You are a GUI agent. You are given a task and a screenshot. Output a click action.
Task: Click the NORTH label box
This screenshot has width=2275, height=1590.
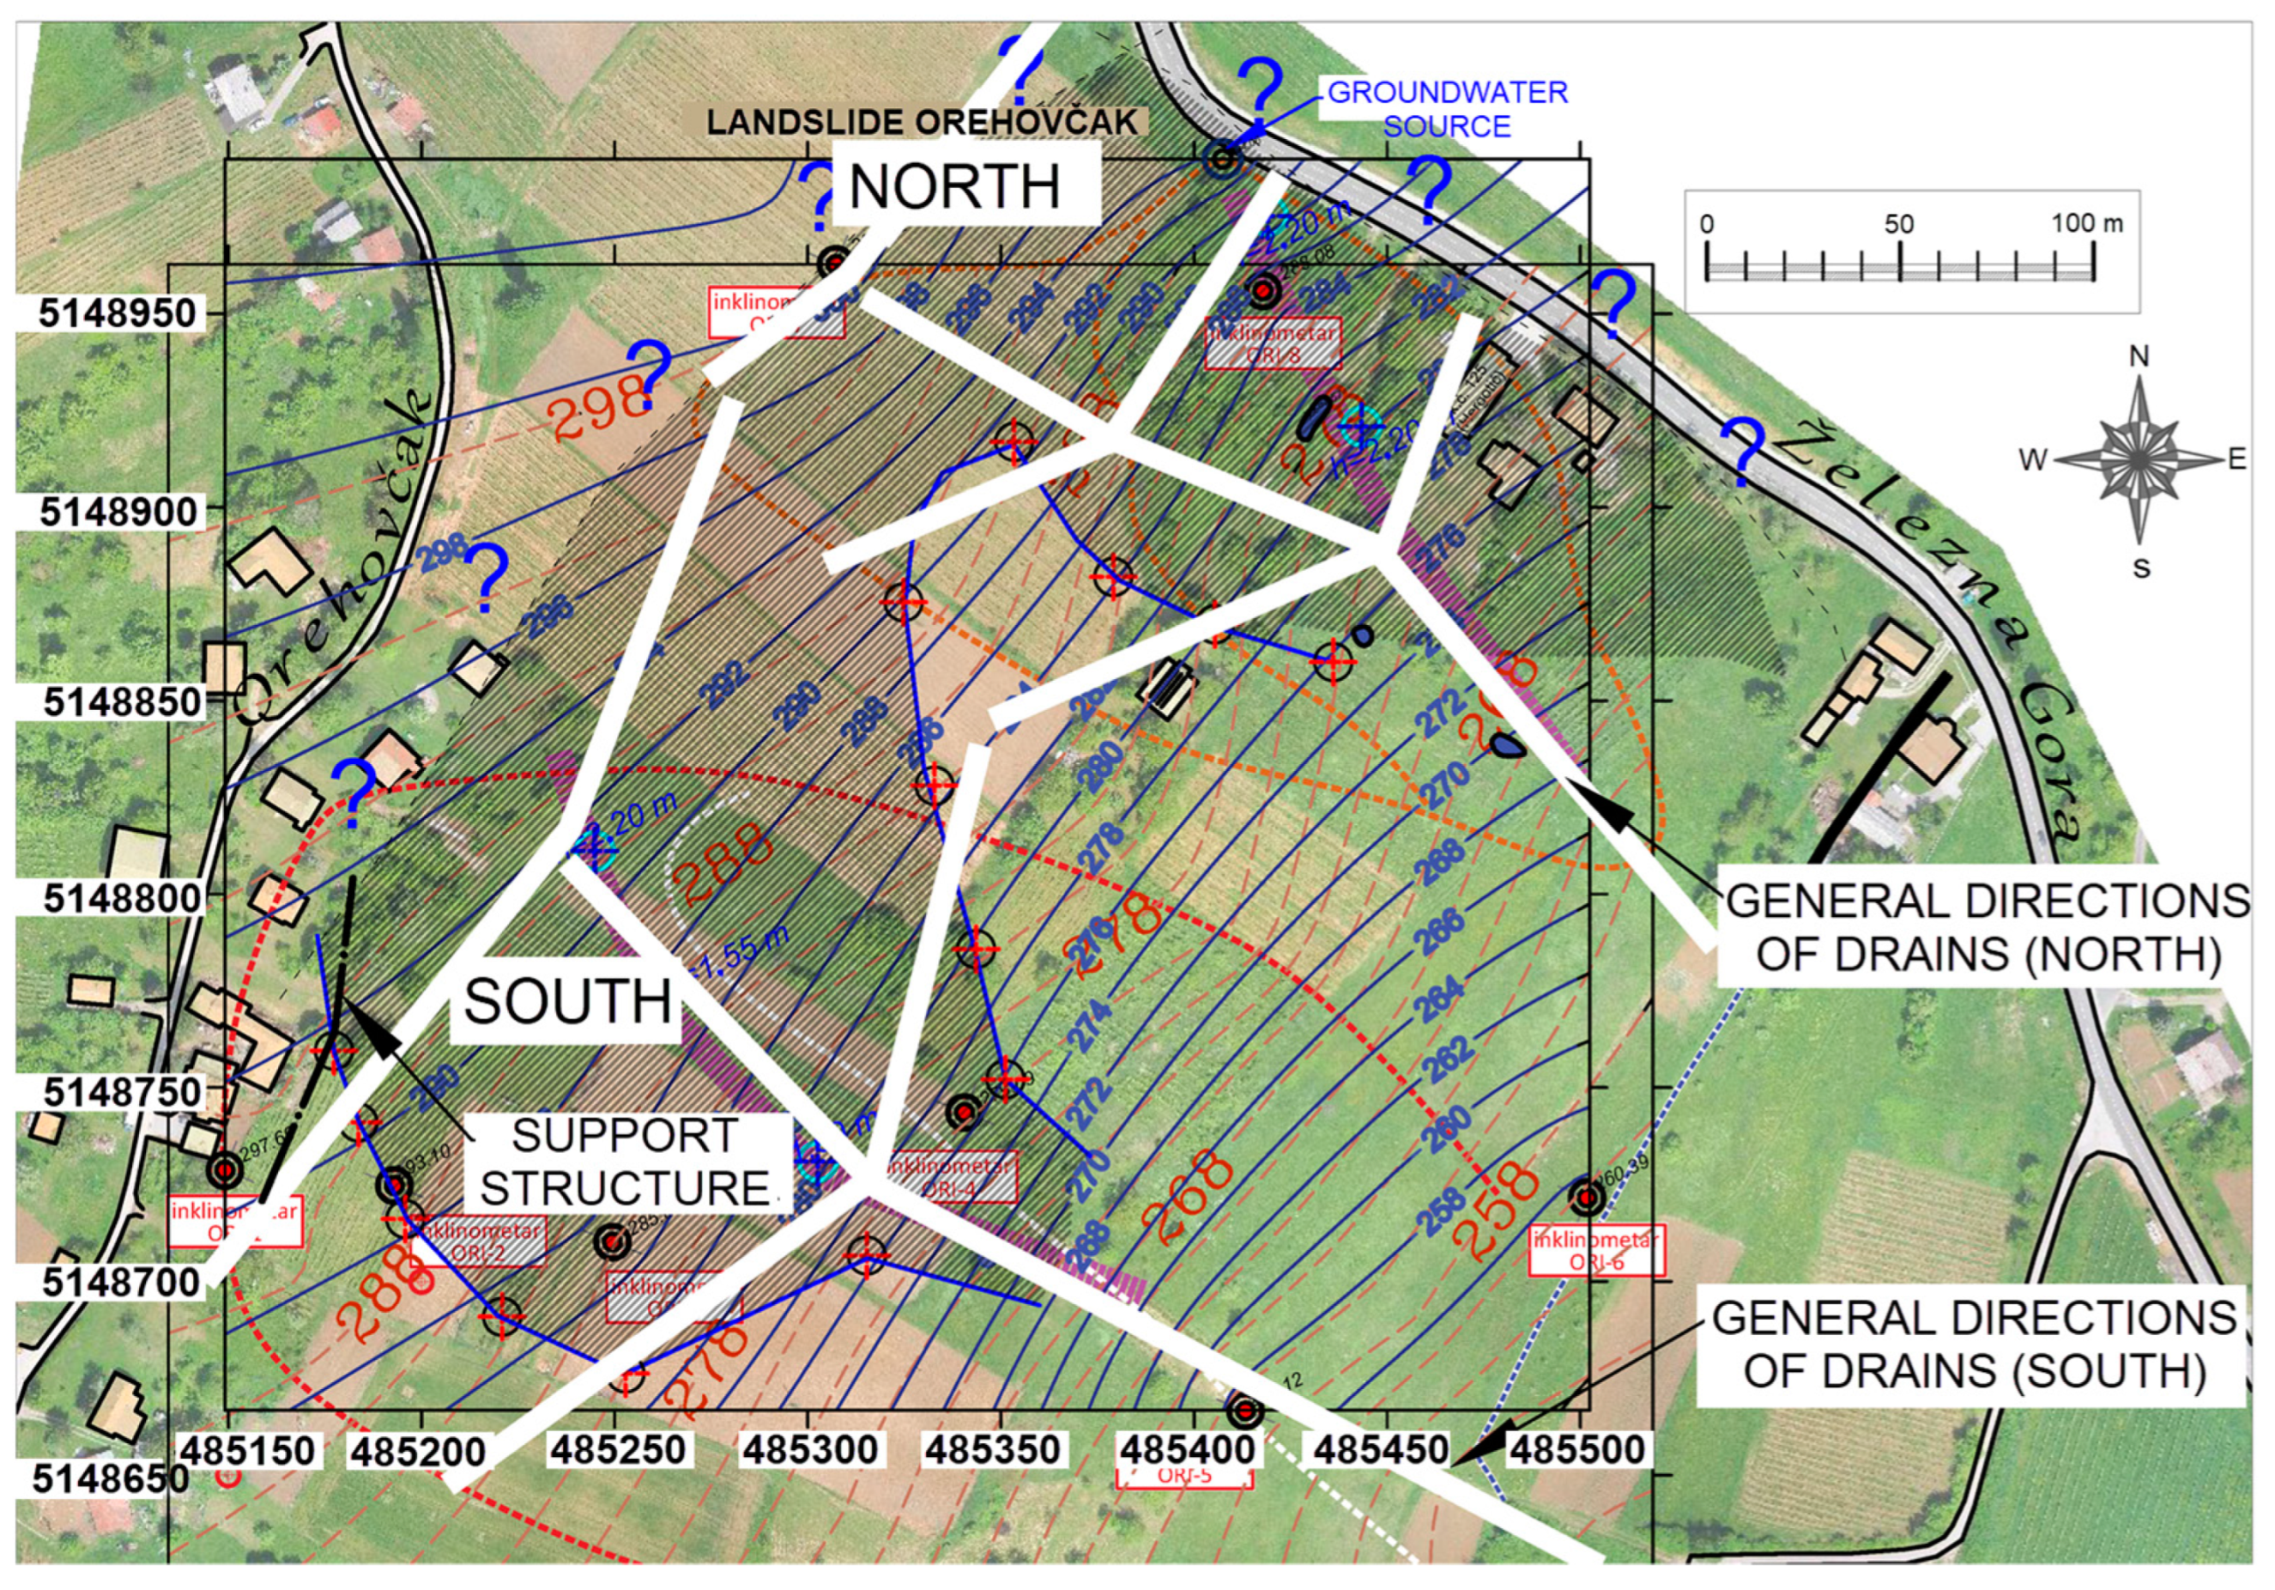[955, 185]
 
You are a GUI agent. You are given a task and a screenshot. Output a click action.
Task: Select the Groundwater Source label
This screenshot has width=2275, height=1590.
[1447, 109]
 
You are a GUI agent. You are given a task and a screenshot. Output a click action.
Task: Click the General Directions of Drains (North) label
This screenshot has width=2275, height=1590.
[1988, 927]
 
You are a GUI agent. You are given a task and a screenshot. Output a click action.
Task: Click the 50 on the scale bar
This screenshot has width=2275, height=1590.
[1898, 223]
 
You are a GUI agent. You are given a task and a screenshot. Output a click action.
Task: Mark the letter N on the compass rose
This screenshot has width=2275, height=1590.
[2139, 357]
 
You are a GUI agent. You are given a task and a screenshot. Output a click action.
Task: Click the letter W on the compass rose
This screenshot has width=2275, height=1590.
[2032, 460]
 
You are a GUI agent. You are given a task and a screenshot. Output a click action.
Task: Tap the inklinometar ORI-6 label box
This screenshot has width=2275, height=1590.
[1596, 1251]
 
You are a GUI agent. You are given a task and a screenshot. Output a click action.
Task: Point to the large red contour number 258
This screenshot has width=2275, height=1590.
[1496, 1207]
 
